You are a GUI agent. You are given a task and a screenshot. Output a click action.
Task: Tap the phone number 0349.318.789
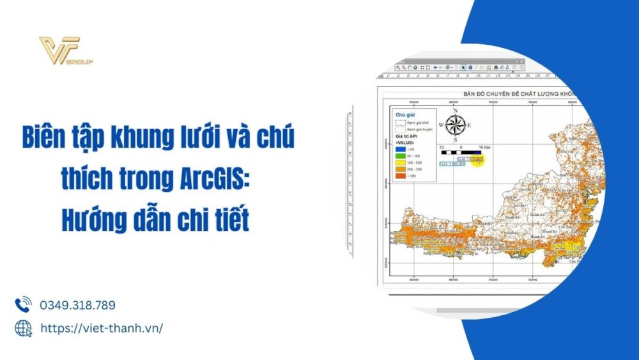tap(77, 305)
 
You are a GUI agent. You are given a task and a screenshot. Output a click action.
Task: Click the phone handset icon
tap(23, 304)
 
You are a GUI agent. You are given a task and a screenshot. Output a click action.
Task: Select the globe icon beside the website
tap(23, 328)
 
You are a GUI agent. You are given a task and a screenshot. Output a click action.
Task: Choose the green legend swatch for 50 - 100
tap(401, 155)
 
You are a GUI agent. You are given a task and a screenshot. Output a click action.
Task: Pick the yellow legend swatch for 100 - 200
tap(401, 162)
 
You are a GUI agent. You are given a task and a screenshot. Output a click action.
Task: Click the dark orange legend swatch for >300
tap(401, 175)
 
